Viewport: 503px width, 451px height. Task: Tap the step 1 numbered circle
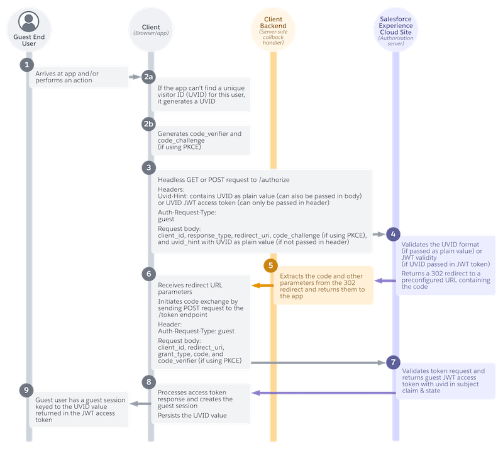pyautogui.click(x=26, y=65)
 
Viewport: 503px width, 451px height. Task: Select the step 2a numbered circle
pyautogui.click(x=148, y=77)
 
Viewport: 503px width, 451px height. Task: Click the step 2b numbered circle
pyautogui.click(x=148, y=124)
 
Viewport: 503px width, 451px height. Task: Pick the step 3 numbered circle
pyautogui.click(x=148, y=167)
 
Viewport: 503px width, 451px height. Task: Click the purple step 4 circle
pyautogui.click(x=393, y=234)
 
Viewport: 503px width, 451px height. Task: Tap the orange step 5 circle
pyautogui.click(x=272, y=265)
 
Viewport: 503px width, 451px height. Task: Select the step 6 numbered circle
pyautogui.click(x=148, y=274)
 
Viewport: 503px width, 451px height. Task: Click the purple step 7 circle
pyautogui.click(x=393, y=363)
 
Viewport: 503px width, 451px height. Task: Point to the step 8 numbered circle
pyautogui.click(x=148, y=381)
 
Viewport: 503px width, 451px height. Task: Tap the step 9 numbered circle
pyautogui.click(x=26, y=390)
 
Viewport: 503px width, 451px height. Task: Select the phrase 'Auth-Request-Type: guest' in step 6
pyautogui.click(x=196, y=331)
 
